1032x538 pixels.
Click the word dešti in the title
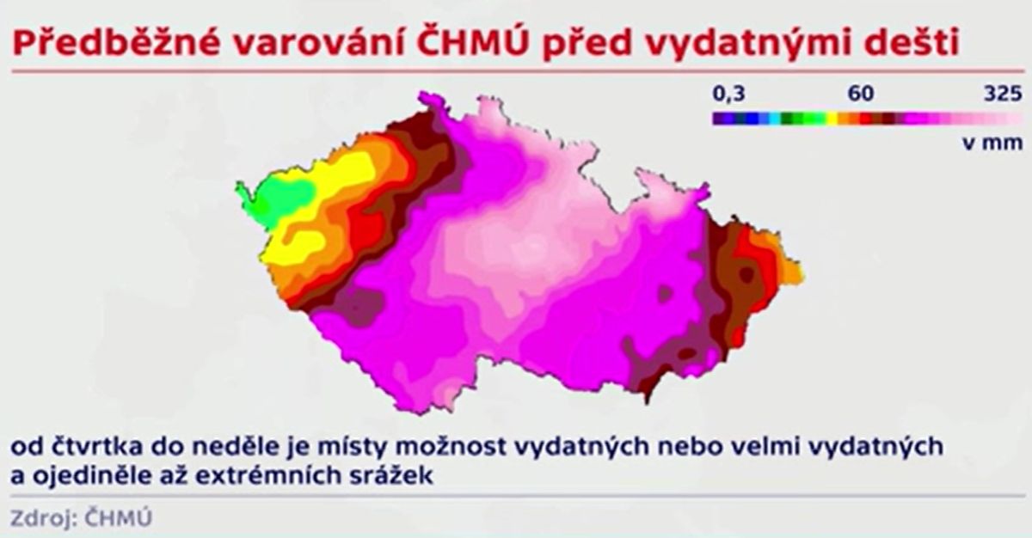(902, 42)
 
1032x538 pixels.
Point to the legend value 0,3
(728, 94)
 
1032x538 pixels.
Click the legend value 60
(861, 94)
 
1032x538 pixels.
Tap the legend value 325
(1003, 94)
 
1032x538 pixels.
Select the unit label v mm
(992, 144)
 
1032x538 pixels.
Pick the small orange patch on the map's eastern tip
(792, 272)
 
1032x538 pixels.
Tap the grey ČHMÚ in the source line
(119, 517)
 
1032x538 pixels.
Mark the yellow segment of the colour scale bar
(832, 119)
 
